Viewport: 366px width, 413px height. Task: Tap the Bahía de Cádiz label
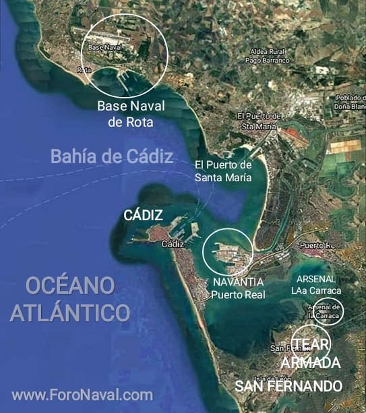112,156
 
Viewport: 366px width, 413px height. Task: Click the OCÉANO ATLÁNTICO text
69,298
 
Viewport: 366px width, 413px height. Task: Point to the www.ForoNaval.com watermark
82,395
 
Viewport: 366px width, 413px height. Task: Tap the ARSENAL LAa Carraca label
316,284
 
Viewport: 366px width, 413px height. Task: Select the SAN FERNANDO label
288,386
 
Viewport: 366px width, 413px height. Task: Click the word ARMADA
311,363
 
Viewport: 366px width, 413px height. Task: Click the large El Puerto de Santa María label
223,171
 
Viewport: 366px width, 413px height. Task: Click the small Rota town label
84,69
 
